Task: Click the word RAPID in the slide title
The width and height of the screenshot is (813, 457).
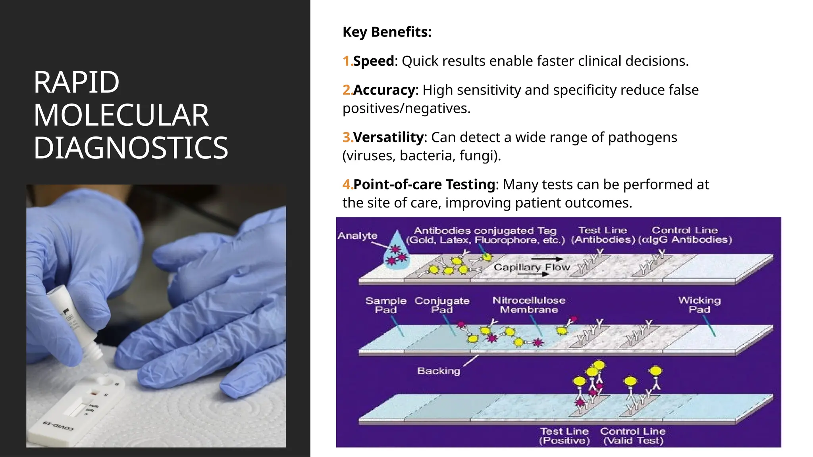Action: pyautogui.click(x=76, y=83)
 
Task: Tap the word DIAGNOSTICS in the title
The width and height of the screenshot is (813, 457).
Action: pyautogui.click(x=131, y=148)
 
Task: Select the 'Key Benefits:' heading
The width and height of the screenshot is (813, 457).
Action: pyautogui.click(x=387, y=32)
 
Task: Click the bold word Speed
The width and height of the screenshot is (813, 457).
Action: pyautogui.click(x=373, y=61)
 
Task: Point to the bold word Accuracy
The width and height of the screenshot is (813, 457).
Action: pyautogui.click(x=383, y=90)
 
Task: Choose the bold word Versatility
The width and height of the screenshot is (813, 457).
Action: pyautogui.click(x=388, y=137)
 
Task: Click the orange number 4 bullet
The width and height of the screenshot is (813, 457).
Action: pyautogui.click(x=347, y=184)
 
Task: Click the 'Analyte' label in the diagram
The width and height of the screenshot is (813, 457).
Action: pyautogui.click(x=357, y=236)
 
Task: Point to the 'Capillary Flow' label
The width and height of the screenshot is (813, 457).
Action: pyautogui.click(x=531, y=267)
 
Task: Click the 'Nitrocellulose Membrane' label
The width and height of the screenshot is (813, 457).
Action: pyautogui.click(x=529, y=305)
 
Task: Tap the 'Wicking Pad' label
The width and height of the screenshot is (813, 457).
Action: pyautogui.click(x=699, y=305)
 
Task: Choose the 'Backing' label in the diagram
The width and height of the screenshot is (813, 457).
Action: pyautogui.click(x=439, y=371)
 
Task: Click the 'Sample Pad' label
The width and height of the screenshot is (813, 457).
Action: pyautogui.click(x=385, y=305)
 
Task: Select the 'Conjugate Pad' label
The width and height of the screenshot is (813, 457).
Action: pyautogui.click(x=442, y=305)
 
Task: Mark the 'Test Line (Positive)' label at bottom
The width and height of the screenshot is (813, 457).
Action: pyautogui.click(x=564, y=436)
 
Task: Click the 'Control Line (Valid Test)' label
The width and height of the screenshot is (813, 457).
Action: pyautogui.click(x=633, y=436)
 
